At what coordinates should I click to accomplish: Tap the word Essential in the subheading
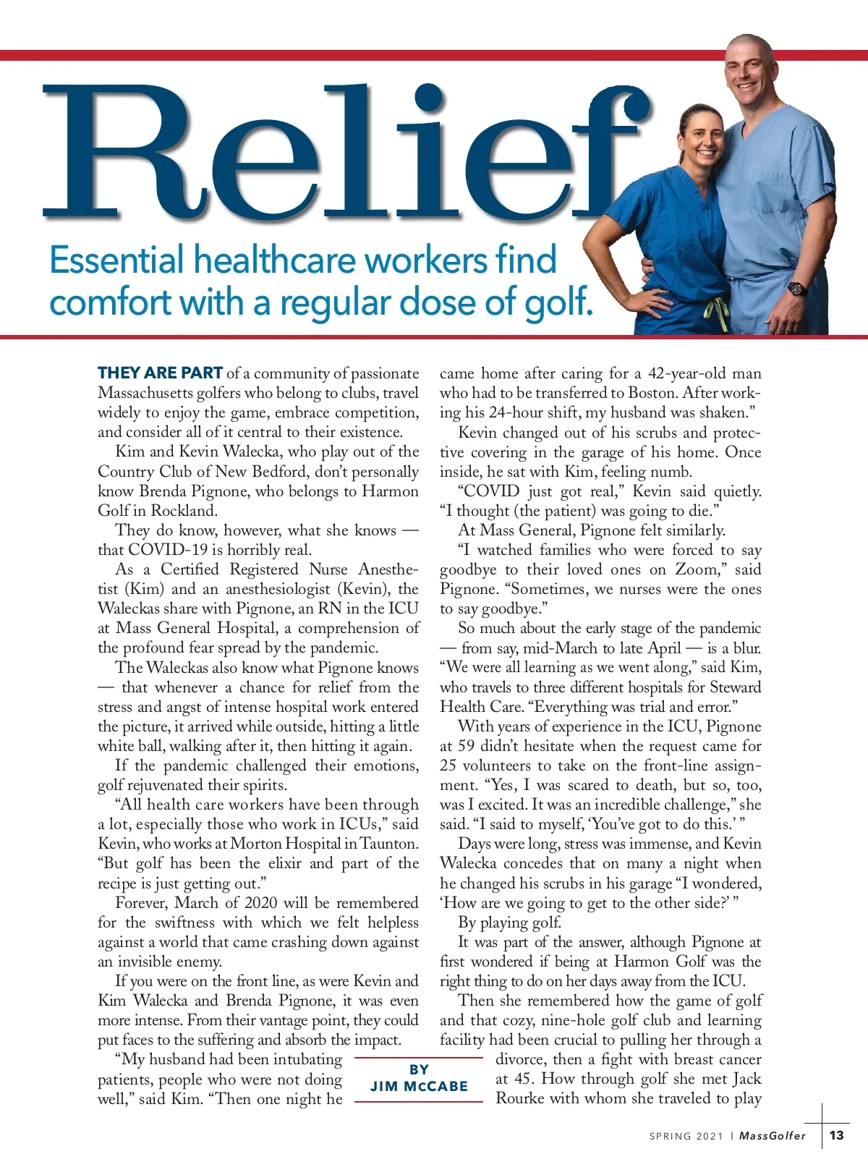point(116,260)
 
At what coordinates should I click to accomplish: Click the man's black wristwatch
point(796,288)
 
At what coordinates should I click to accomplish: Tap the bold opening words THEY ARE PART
point(160,373)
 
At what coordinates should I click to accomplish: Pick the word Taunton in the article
point(388,844)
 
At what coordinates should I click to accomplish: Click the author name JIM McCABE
point(419,1087)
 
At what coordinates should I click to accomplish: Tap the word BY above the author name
point(419,1069)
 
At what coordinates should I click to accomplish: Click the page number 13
point(836,1135)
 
